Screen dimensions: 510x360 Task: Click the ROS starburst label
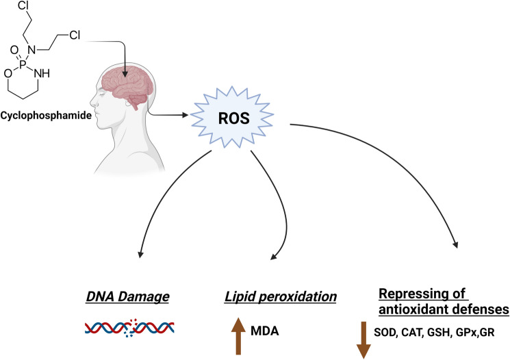point(234,118)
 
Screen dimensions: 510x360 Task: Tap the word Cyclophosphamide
point(46,116)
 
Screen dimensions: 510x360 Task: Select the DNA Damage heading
point(127,297)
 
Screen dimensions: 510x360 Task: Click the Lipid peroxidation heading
point(281,297)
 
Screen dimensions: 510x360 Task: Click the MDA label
point(265,331)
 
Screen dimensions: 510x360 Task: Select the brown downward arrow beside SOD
point(364,340)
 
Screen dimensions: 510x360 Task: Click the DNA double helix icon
point(129,328)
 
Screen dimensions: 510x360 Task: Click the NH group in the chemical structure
point(42,73)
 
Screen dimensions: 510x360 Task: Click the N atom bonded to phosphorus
point(31,50)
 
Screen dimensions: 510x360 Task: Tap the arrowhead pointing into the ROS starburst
point(186,115)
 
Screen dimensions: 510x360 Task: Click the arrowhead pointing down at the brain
point(125,74)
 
